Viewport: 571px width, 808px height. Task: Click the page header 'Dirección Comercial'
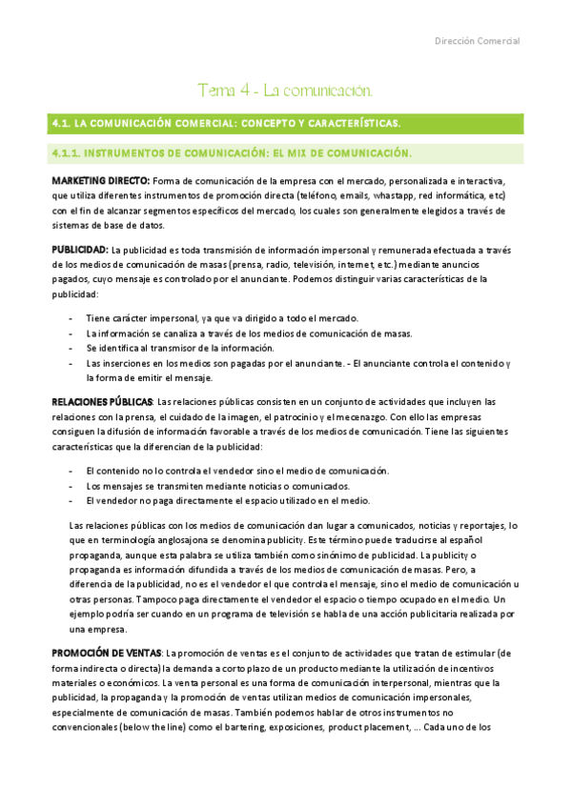click(477, 41)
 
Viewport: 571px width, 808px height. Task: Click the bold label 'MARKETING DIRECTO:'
click(100, 181)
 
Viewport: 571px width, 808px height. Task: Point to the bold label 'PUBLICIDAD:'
click(80, 249)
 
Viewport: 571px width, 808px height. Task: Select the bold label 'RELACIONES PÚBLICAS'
click(100, 402)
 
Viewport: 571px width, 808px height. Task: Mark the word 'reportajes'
click(472, 526)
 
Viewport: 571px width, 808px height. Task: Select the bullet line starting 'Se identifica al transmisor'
click(179, 348)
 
